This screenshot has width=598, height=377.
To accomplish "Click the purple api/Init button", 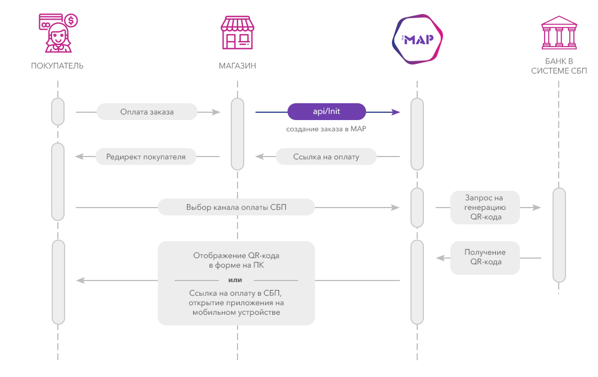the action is [x=326, y=112].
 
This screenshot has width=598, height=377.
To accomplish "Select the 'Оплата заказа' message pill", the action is [x=147, y=112].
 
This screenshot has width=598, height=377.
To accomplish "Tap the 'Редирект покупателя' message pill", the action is [x=145, y=157].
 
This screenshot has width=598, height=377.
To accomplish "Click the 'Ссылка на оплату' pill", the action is [x=326, y=157].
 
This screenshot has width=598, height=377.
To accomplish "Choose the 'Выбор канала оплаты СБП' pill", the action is [x=236, y=207].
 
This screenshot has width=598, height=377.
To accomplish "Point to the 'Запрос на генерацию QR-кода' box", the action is [x=485, y=208].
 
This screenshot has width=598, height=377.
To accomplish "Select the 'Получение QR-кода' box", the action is [x=485, y=258].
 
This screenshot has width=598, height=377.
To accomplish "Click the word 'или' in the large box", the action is [x=235, y=280].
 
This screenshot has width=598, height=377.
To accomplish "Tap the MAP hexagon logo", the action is [x=417, y=39].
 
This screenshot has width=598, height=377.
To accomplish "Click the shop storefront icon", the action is [x=237, y=33].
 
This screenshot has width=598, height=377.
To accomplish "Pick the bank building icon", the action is [x=559, y=33].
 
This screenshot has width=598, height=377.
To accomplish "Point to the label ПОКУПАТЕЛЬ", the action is [x=57, y=66].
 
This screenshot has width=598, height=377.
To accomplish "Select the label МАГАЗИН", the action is [x=237, y=66].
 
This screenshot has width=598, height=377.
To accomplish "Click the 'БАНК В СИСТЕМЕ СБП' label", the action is [x=559, y=66].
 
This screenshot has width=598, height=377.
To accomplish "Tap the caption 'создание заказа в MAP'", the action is [x=326, y=129].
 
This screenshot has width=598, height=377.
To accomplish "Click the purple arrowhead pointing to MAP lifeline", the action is [x=395, y=112].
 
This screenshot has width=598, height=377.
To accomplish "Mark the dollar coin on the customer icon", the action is [x=71, y=20].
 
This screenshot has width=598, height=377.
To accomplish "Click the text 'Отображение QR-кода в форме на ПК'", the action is [x=236, y=260].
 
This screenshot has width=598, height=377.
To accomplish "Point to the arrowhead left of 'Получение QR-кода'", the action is [x=440, y=258].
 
